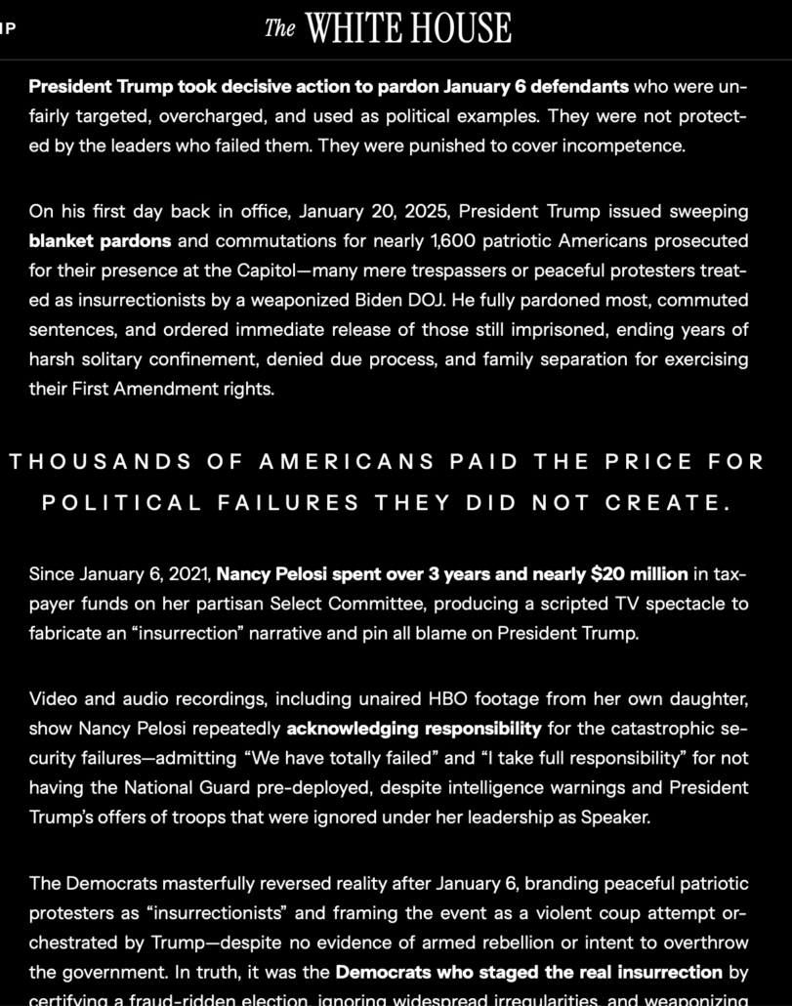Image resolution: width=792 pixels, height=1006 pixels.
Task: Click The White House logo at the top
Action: [388, 28]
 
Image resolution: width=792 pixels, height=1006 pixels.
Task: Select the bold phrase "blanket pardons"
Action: [100, 240]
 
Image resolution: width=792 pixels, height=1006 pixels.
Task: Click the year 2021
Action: [185, 573]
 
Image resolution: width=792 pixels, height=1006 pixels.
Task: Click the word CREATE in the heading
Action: [667, 503]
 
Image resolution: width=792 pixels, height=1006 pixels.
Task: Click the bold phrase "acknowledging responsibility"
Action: [413, 728]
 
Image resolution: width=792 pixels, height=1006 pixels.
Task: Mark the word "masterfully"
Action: [212, 884]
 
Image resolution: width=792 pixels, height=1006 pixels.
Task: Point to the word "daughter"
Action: [710, 698]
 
